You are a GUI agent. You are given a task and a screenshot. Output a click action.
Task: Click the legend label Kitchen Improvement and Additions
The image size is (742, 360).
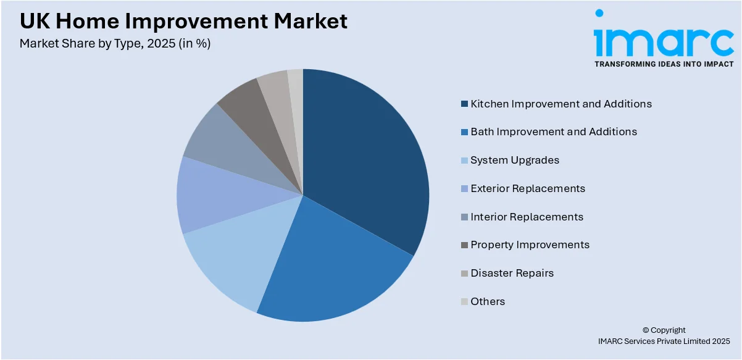[561, 104]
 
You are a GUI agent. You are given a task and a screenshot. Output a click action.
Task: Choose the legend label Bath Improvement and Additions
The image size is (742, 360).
[554, 132]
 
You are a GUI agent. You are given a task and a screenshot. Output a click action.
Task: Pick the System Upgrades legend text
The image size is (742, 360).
[515, 160]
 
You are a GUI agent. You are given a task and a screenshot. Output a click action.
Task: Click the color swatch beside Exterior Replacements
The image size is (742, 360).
[464, 188]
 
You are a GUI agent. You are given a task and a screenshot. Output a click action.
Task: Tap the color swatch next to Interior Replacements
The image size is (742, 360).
[464, 217]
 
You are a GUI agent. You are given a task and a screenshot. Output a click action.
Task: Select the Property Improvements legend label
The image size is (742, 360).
[530, 245]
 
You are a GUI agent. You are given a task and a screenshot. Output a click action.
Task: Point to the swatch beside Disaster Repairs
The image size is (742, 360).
[464, 274]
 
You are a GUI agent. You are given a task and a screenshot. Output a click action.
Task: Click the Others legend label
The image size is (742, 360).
[488, 301]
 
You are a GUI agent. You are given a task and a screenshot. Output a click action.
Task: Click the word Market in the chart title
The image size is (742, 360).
[311, 21]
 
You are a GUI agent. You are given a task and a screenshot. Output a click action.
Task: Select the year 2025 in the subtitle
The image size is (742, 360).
[161, 43]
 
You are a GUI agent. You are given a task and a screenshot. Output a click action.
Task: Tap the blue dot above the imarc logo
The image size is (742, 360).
[599, 13]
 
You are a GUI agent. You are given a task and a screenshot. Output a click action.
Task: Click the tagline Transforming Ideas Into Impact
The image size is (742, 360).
[664, 64]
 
